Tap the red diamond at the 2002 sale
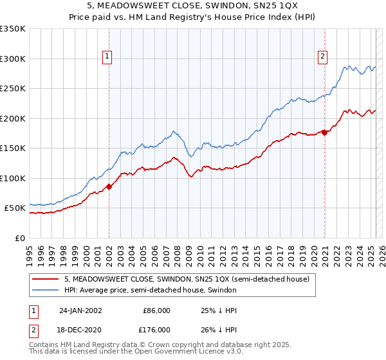click(x=109, y=187)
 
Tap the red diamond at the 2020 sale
click(x=325, y=133)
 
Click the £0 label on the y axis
click(x=20, y=238)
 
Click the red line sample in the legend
click(x=46, y=279)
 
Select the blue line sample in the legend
click(x=46, y=290)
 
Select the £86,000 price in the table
click(x=156, y=310)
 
